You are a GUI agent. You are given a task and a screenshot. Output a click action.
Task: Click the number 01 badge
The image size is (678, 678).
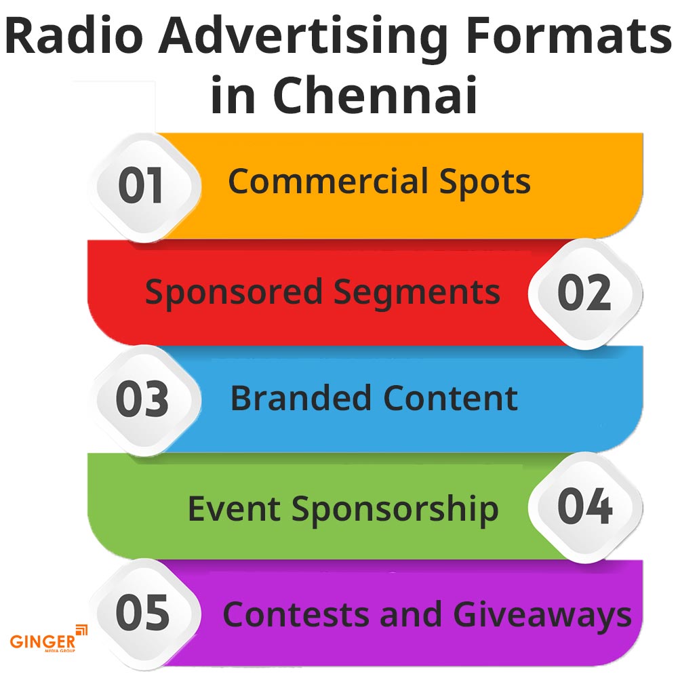pyautogui.click(x=142, y=186)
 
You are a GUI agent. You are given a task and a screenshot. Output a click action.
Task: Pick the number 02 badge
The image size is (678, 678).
pyautogui.click(x=584, y=293)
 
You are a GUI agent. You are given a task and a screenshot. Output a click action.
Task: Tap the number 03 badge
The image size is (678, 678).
pyautogui.click(x=142, y=399)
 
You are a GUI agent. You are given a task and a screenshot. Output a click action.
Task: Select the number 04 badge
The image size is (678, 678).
pyautogui.click(x=584, y=507)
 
